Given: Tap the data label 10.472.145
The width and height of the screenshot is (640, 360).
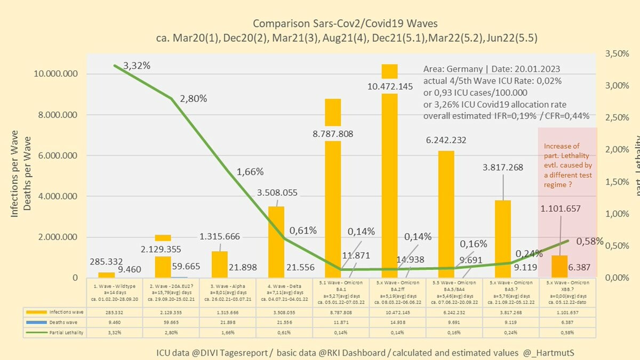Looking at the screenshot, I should (390, 86).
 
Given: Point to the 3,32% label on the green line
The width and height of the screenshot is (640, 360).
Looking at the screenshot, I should (137, 66).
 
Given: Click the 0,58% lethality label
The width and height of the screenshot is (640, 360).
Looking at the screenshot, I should (590, 241).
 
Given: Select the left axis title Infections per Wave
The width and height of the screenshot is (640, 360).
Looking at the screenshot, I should (15, 173).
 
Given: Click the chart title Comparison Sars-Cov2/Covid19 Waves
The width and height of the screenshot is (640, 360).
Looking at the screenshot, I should (345, 23).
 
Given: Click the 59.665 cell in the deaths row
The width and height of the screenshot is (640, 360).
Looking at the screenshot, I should (171, 322).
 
